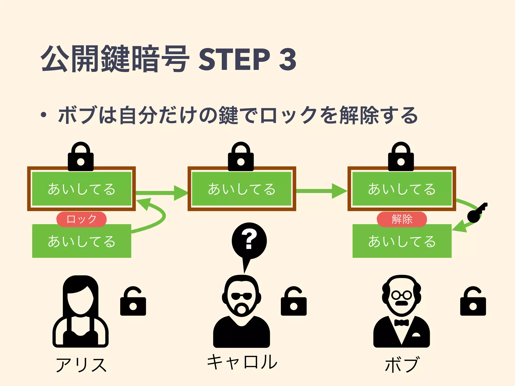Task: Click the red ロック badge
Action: [81, 219]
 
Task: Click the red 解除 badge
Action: [402, 219]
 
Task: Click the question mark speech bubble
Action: [249, 240]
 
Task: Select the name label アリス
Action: [81, 365]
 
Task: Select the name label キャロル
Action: [242, 362]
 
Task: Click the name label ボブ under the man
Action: [402, 364]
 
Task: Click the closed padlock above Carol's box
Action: [241, 157]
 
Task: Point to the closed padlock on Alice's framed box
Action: [81, 157]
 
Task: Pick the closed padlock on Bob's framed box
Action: [401, 157]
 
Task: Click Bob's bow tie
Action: [401, 323]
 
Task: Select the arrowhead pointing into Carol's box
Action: [181, 193]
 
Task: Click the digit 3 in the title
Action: [287, 59]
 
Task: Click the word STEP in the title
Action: [234, 59]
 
